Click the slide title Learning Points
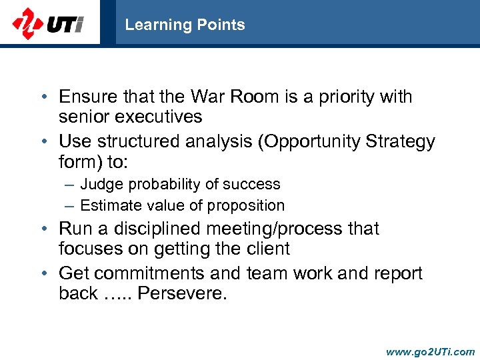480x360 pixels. click(x=185, y=25)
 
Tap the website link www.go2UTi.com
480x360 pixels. click(x=431, y=351)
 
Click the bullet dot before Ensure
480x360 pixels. click(x=43, y=97)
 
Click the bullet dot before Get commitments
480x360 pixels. click(x=43, y=274)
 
